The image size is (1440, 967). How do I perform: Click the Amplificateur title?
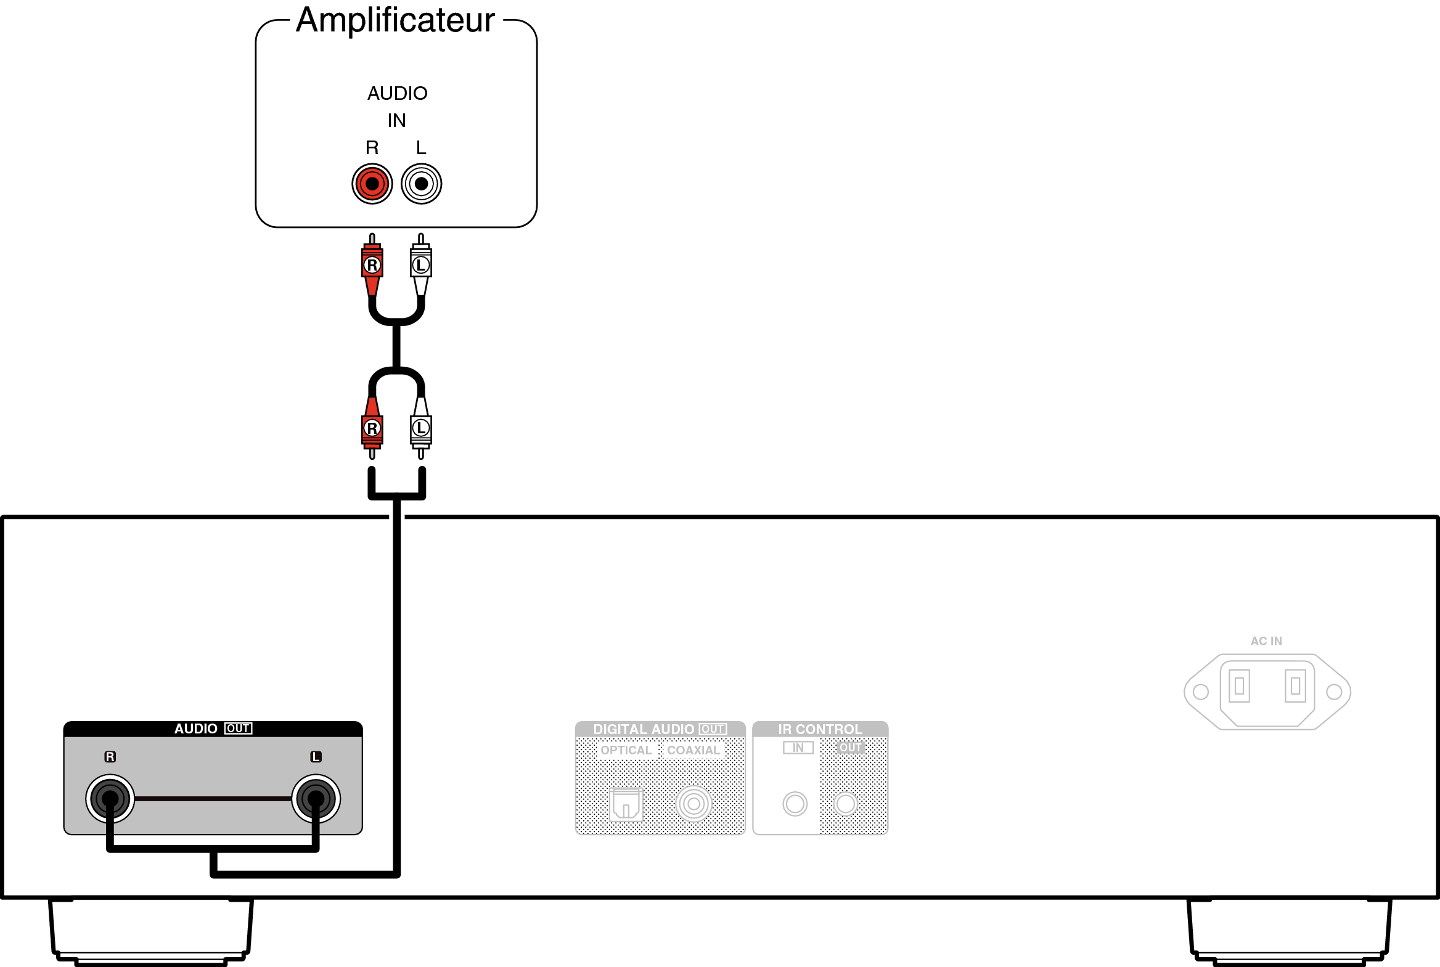click(395, 20)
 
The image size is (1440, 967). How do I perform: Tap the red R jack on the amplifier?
click(372, 183)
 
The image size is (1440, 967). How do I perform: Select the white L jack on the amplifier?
click(421, 183)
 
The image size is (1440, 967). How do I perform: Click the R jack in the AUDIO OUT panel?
click(110, 799)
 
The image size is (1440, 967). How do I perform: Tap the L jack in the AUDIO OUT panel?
click(316, 799)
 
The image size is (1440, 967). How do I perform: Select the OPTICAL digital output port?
click(626, 804)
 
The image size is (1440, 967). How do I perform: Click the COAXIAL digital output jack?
click(693, 804)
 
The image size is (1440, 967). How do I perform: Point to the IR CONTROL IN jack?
click(795, 804)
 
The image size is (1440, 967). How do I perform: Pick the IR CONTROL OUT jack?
click(846, 804)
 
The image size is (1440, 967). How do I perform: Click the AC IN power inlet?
click(1267, 692)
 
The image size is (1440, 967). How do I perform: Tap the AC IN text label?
click(1266, 642)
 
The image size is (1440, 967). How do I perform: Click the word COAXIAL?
click(693, 750)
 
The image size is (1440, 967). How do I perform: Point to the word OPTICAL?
click(626, 750)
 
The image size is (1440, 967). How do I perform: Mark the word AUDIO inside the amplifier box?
click(397, 93)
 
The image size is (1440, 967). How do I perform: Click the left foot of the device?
click(151, 929)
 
